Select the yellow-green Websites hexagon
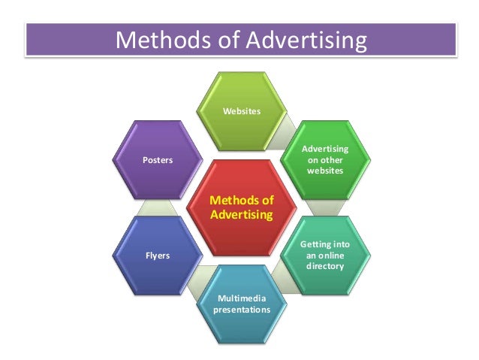click(x=242, y=105)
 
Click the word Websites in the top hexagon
click(x=242, y=111)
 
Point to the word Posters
click(x=157, y=159)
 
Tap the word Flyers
click(x=157, y=256)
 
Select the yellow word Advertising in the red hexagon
click(x=242, y=215)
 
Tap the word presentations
click(x=242, y=308)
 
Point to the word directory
click(x=325, y=266)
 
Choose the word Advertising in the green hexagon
click(x=325, y=149)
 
